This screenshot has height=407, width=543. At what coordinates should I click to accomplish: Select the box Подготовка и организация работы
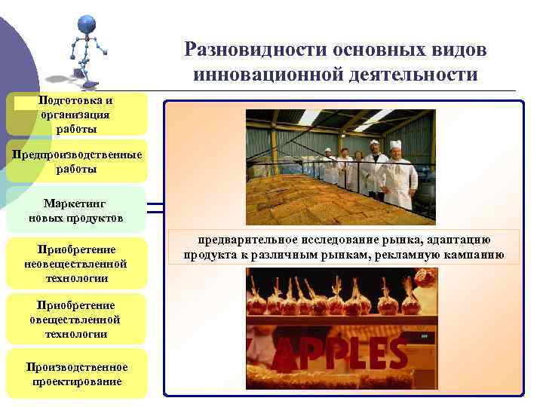[x=76, y=115]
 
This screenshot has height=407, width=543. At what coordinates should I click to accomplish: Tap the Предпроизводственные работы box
[x=76, y=162]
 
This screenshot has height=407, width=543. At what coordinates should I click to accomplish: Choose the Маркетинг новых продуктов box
[x=76, y=210]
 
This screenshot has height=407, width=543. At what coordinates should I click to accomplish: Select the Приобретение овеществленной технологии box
[x=76, y=320]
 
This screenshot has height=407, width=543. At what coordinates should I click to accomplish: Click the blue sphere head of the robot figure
[x=87, y=23]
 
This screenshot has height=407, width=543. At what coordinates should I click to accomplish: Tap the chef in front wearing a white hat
[x=397, y=175]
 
